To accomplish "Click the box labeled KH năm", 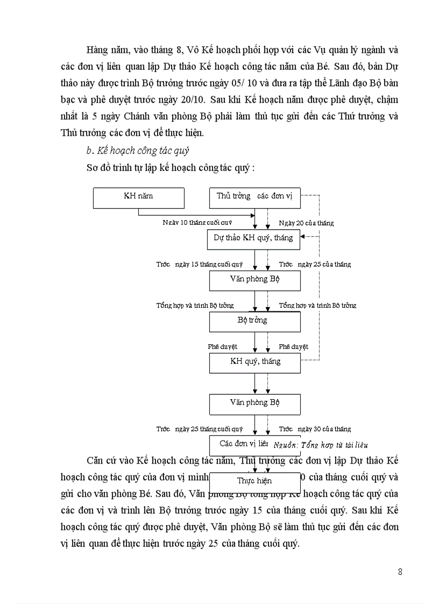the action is pyautogui.click(x=138, y=197).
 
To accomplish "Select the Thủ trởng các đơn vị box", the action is pyautogui.click(x=254, y=197).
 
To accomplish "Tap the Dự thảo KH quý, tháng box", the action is pyautogui.click(x=254, y=238).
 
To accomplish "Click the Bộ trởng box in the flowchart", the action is pyautogui.click(x=254, y=321).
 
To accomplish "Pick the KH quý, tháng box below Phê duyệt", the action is pyautogui.click(x=254, y=362).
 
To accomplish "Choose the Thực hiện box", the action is pyautogui.click(x=254, y=481).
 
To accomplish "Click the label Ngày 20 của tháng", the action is pyautogui.click(x=306, y=223).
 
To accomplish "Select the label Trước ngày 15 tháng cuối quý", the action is pyautogui.click(x=200, y=264).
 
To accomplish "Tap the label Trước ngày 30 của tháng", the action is pyautogui.click(x=315, y=429).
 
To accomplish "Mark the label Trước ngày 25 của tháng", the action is pyautogui.click(x=315, y=264).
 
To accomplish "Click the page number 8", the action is pyautogui.click(x=400, y=572).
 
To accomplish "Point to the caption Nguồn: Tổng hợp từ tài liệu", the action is pyautogui.click(x=321, y=445).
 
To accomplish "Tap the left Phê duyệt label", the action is pyautogui.click(x=223, y=347).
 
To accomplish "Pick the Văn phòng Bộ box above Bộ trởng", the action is pyautogui.click(x=254, y=280).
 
